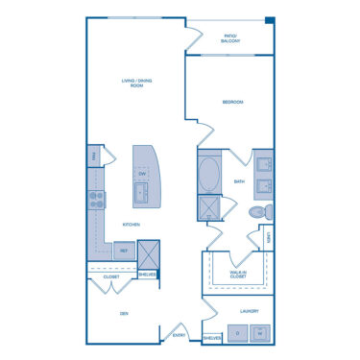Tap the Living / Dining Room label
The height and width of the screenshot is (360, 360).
point(132,82)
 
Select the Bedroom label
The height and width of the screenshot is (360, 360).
point(232,102)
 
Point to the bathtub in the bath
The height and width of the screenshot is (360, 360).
point(209,176)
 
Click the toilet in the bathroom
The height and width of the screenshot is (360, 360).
point(258,211)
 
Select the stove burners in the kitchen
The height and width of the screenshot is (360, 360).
point(97,199)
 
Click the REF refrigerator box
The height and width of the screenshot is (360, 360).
point(123,250)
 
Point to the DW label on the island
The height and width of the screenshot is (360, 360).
point(141,173)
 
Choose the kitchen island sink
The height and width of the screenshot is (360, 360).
point(141,196)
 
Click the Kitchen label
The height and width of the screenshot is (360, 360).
point(132,225)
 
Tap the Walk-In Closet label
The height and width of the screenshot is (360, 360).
point(236,275)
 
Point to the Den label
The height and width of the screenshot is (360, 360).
point(124,313)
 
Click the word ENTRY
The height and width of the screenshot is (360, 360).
point(179,335)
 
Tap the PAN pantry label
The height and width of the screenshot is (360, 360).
point(94,156)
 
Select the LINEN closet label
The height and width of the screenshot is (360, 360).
point(269,237)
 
